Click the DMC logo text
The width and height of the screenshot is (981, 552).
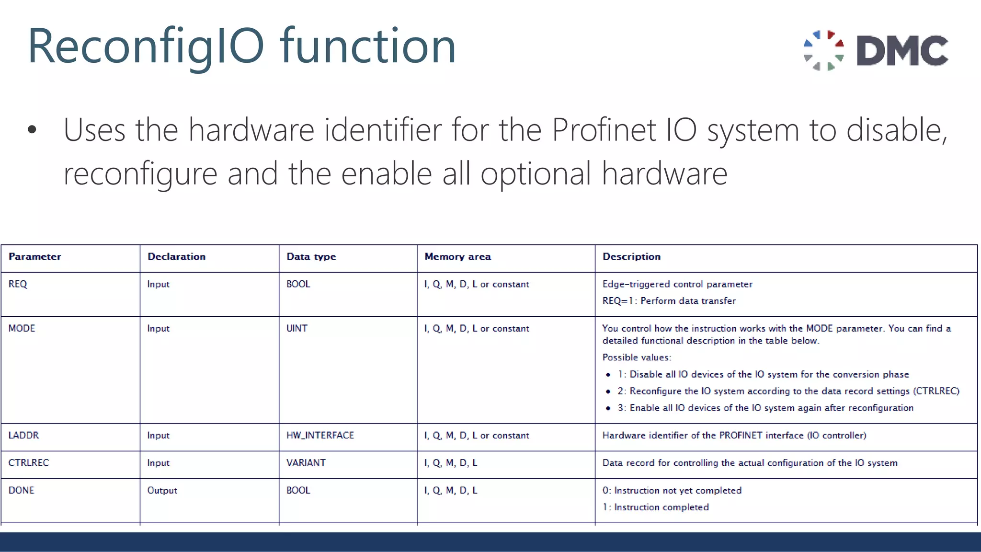tap(902, 50)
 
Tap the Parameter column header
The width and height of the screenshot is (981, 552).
tap(34, 257)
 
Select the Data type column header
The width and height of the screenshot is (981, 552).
tap(311, 257)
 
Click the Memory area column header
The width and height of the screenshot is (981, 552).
tap(457, 257)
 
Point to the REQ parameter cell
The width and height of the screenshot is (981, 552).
tap(18, 284)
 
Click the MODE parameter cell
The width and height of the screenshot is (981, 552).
tap(22, 329)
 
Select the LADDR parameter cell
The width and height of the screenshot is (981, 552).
tap(23, 436)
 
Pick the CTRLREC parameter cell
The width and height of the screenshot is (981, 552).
tap(28, 463)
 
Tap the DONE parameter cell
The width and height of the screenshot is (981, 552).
tap(21, 491)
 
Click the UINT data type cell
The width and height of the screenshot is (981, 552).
tap(297, 329)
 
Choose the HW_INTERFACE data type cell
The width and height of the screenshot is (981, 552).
tap(320, 436)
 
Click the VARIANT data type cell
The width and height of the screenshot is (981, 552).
tap(306, 463)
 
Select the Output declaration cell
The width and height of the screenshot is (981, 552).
tap(162, 491)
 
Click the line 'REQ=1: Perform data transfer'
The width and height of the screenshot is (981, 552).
tap(669, 301)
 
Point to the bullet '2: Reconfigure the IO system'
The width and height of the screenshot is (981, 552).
tap(788, 391)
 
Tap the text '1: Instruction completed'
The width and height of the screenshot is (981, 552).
tap(655, 507)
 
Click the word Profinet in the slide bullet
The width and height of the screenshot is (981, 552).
tap(603, 130)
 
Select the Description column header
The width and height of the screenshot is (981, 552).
tap(631, 257)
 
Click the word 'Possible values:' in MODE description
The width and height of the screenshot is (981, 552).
tap(637, 357)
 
